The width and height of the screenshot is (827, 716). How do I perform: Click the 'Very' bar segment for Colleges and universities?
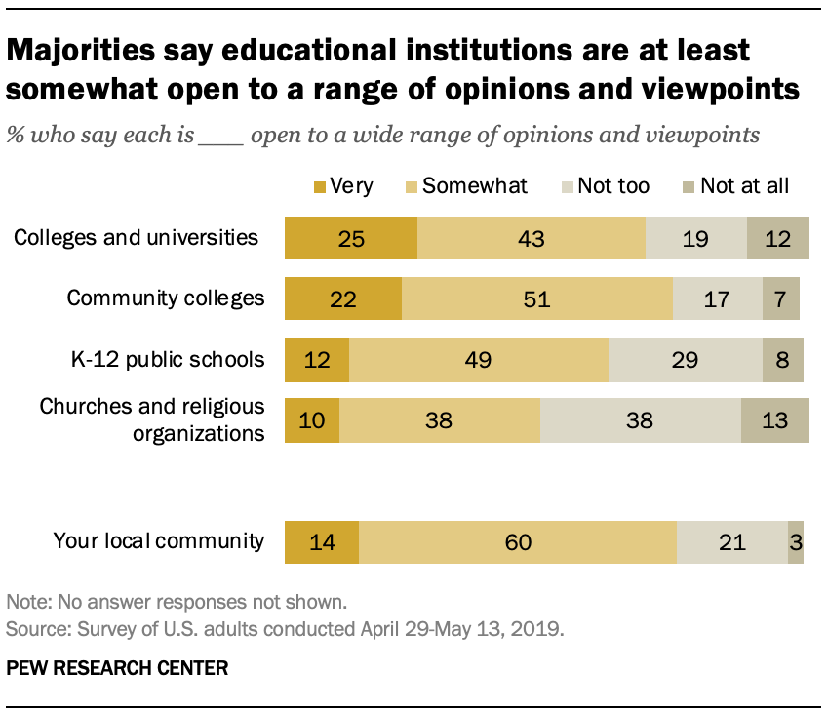pos(350,238)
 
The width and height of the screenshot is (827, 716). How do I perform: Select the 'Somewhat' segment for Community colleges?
pos(536,298)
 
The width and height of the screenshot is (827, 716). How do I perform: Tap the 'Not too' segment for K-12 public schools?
pos(685,359)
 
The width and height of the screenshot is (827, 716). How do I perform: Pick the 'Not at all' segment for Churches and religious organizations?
pos(774,419)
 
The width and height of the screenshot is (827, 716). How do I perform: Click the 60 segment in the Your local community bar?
pos(518,541)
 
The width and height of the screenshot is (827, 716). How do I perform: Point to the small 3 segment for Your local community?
pos(796,541)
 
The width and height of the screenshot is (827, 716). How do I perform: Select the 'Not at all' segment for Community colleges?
pos(781,298)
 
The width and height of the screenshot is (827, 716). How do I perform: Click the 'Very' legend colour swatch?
pos(319,185)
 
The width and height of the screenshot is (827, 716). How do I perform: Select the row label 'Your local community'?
pos(159,540)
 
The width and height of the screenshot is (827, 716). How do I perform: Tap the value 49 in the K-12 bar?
pos(478,359)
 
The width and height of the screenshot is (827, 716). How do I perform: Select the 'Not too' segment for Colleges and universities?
pos(695,238)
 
